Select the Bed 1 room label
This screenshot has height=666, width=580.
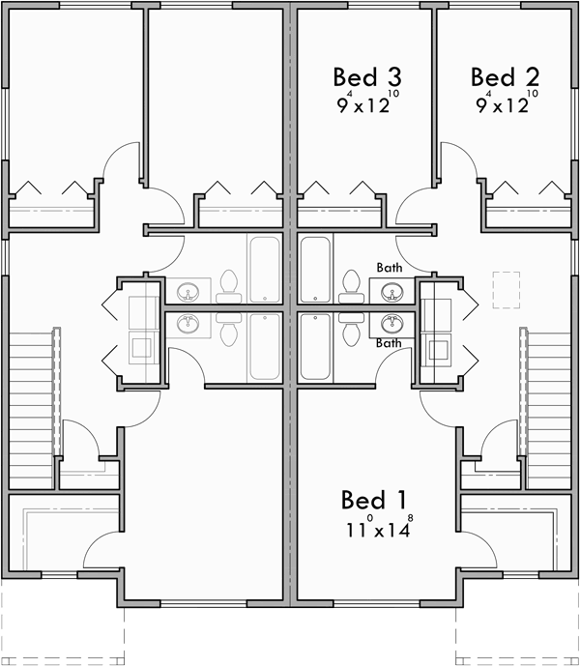[373, 500]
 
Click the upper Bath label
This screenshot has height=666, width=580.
[389, 268]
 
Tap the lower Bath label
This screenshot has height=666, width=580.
[389, 342]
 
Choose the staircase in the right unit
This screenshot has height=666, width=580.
[548, 406]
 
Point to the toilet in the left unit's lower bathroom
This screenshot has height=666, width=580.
[228, 332]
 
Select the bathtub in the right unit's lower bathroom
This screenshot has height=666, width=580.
[316, 346]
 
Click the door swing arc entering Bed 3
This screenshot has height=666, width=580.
[413, 205]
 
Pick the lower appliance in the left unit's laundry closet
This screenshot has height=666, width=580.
[143, 346]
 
